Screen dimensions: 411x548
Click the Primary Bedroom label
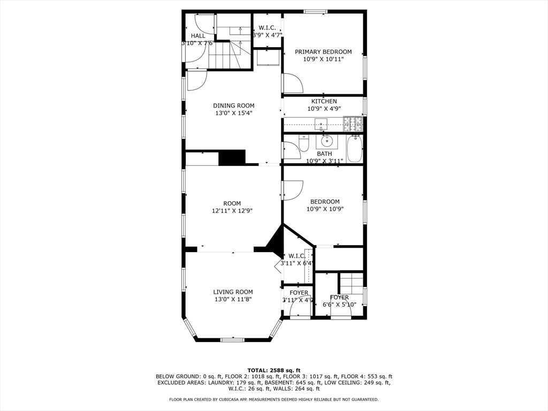pos(323,52)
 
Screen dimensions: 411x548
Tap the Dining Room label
pos(233,105)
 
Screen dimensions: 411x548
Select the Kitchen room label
pos(324,101)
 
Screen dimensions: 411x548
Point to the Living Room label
pos(233,292)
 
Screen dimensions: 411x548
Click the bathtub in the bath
pos(354,149)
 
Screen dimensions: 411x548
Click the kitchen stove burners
pos(352,124)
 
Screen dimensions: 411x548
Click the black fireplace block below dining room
pos(232,158)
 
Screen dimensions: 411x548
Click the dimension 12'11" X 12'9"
pos(232,211)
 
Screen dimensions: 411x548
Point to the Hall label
pos(198,36)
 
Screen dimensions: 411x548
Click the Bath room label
pos(324,154)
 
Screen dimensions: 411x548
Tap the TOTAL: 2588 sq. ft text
pos(273,370)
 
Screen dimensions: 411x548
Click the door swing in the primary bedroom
pos(293,84)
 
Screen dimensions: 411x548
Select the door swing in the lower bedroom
pos(293,190)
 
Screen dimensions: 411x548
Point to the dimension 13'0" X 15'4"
pos(233,113)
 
